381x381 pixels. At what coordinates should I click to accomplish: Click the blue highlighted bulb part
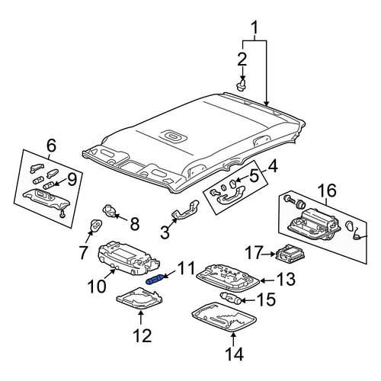tap(155, 280)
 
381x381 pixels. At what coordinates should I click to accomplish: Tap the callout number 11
tap(186, 269)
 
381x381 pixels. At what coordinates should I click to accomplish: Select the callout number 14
tap(234, 354)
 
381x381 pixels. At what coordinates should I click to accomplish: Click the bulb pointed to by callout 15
tap(230, 298)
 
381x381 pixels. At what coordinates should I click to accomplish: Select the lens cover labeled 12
tap(139, 299)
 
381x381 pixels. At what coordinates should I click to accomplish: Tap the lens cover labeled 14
tap(224, 318)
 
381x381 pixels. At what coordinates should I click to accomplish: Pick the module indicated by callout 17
tap(290, 253)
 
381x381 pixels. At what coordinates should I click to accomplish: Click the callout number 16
tap(327, 190)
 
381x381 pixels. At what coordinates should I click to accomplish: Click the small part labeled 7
tap(96, 226)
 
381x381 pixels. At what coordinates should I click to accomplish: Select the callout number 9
tap(72, 180)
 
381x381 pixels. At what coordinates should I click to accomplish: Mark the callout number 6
tap(51, 146)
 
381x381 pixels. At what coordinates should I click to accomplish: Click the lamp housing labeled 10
tap(128, 258)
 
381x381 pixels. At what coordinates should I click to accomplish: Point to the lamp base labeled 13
tap(228, 278)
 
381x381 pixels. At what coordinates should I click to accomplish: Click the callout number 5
tap(254, 177)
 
